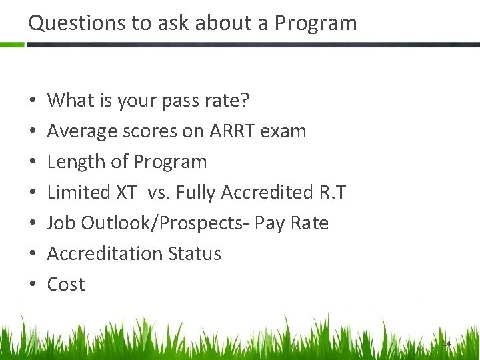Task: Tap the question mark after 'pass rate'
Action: pyautogui.click(x=245, y=101)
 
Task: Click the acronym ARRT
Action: pyautogui.click(x=234, y=131)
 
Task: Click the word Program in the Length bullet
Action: pyautogui.click(x=171, y=163)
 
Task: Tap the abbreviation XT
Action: pyautogui.click(x=126, y=193)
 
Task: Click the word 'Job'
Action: pyautogui.click(x=61, y=223)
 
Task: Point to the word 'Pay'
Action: pyautogui.click(x=269, y=224)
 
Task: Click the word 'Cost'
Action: pyautogui.click(x=66, y=285)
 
